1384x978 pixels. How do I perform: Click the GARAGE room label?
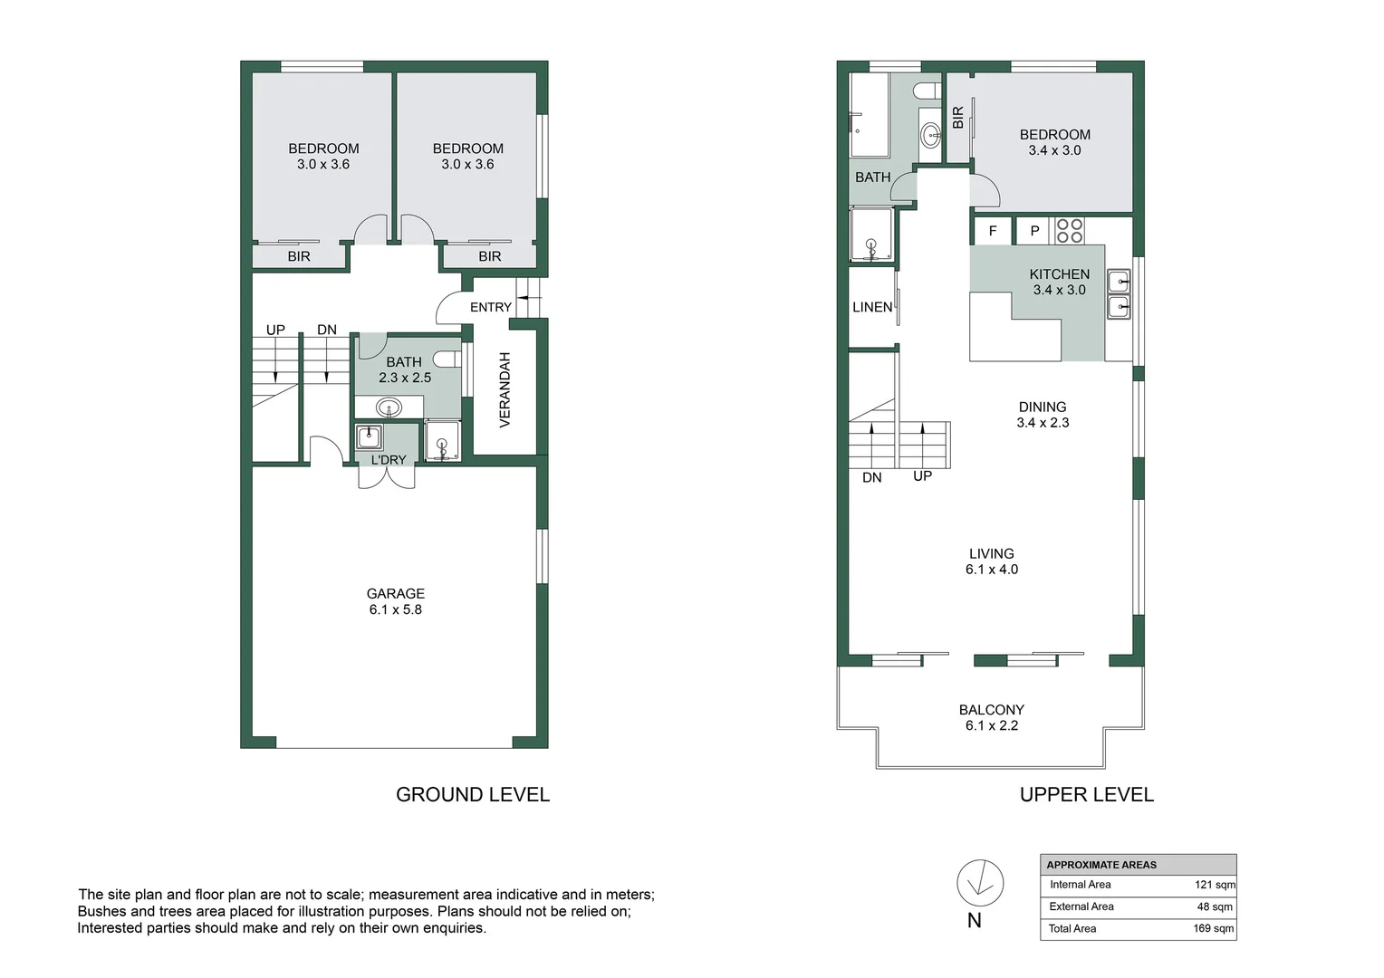click(395, 594)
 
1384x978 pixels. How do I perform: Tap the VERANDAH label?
click(505, 389)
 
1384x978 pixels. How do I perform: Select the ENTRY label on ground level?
click(490, 308)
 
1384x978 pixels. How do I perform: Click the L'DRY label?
click(389, 460)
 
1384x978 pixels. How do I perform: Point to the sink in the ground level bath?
click(389, 407)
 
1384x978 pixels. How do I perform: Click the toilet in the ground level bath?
click(447, 360)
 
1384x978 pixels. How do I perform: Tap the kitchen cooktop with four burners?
click(1069, 231)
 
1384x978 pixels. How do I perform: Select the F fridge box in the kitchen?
click(993, 232)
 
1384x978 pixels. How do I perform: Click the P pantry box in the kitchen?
click(1034, 232)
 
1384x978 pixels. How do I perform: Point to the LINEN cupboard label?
click(872, 308)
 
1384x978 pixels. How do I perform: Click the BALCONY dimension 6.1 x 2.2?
click(991, 726)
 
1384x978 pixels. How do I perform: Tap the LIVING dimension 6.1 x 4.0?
click(991, 570)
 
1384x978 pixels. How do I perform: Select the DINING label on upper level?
click(1042, 407)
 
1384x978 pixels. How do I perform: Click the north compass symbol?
click(980, 882)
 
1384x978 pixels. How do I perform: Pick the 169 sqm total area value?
click(1213, 928)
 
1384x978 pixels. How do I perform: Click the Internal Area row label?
click(1080, 885)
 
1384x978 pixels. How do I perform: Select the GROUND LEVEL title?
click(472, 795)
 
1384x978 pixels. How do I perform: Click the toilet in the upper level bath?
click(927, 91)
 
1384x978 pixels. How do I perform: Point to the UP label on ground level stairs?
click(275, 331)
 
